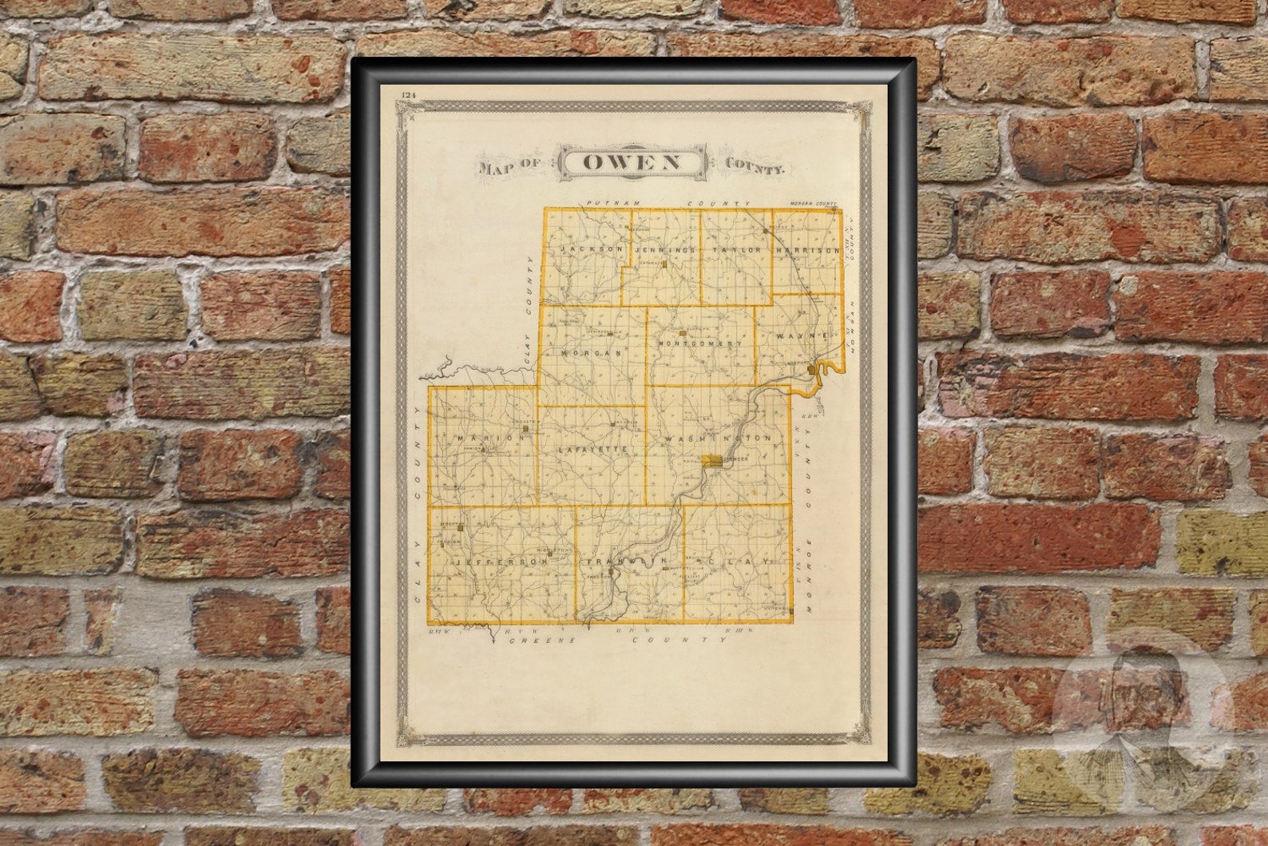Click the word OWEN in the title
point(631,163)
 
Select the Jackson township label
point(591,250)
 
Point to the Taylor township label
point(739,250)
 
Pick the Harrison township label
point(807,250)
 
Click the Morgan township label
point(591,352)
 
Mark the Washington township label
point(717,439)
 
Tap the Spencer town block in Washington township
point(712,460)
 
